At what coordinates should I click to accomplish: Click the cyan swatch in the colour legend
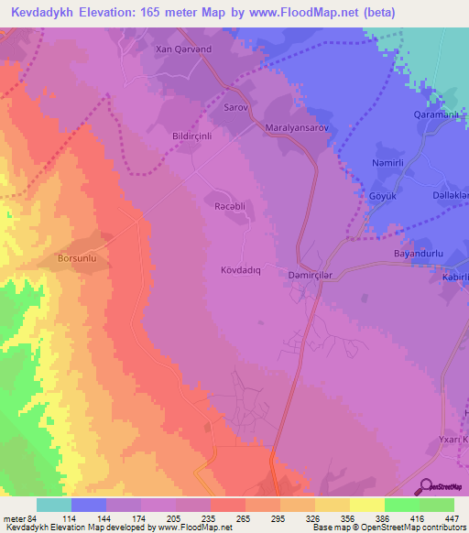(54, 505)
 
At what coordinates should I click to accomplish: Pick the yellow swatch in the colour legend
(366, 505)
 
